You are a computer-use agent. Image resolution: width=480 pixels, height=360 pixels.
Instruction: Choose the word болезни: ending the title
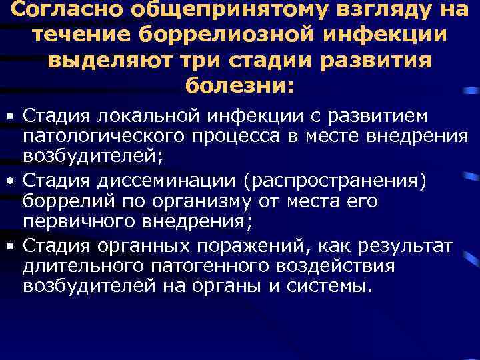pos(239,85)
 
